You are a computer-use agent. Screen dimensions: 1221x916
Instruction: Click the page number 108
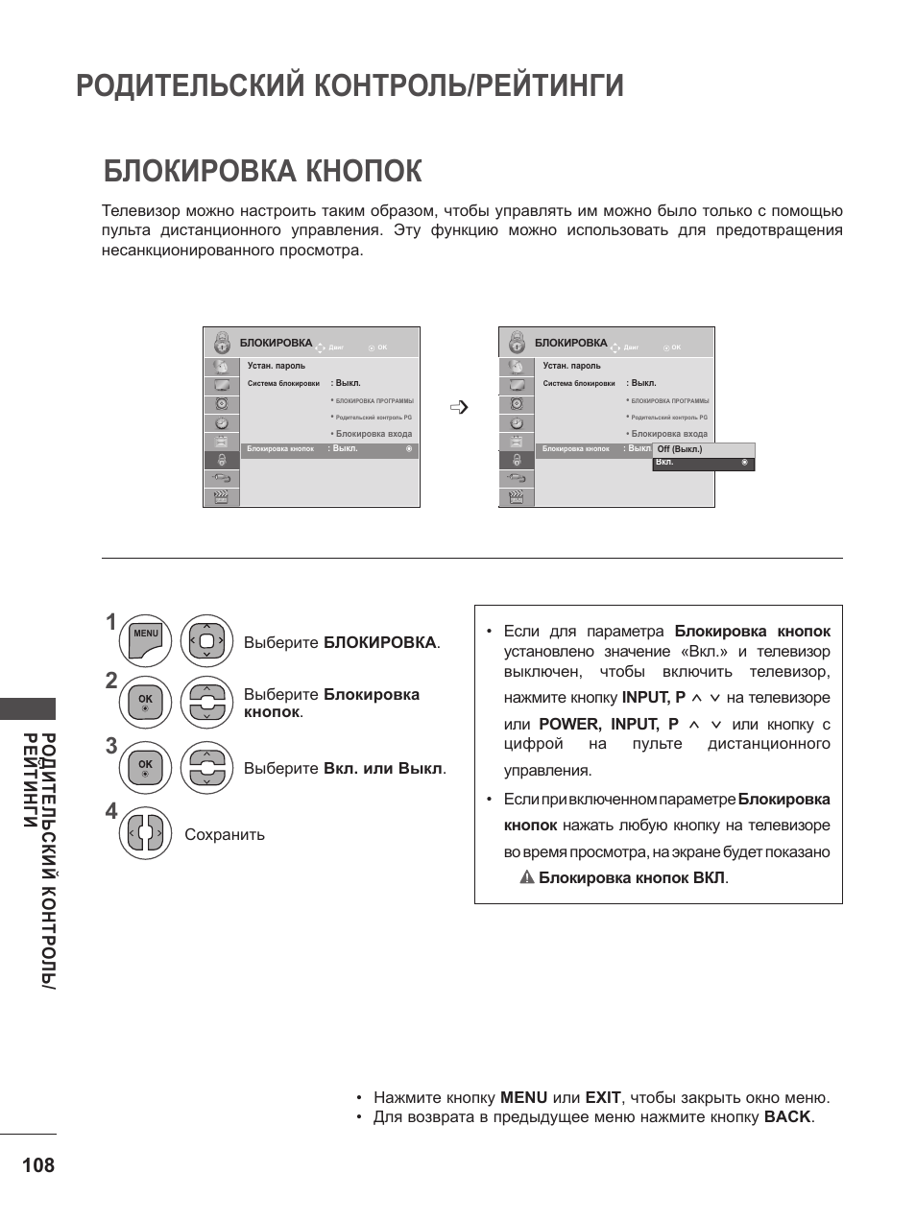click(x=37, y=1165)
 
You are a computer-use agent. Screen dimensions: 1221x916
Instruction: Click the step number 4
click(x=111, y=812)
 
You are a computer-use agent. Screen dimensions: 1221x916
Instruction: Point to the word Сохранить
click(x=225, y=835)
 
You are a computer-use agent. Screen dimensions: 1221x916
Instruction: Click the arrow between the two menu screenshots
click(x=459, y=407)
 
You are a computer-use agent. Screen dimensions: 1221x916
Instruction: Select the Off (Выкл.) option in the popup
click(x=680, y=449)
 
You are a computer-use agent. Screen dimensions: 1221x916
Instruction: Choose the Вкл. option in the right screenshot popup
click(x=665, y=463)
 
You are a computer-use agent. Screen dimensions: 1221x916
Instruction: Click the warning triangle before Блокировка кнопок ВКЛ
click(x=527, y=877)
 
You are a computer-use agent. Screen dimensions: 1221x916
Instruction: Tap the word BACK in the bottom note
click(x=787, y=1117)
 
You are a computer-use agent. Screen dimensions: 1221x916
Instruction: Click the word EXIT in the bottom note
click(x=603, y=1098)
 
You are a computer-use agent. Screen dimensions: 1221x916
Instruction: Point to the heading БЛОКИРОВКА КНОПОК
click(x=262, y=171)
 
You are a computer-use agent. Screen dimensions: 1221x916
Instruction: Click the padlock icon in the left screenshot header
click(x=222, y=343)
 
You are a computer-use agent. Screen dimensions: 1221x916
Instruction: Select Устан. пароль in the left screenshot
click(x=277, y=366)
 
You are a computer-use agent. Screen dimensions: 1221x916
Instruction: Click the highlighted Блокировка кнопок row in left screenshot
click(x=328, y=449)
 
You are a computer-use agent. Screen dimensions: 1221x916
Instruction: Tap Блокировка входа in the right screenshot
click(x=669, y=434)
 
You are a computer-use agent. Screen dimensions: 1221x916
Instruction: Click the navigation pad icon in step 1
click(x=206, y=641)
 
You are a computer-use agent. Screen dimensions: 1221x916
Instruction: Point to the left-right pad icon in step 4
click(x=146, y=833)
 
